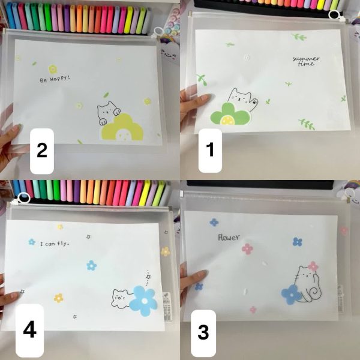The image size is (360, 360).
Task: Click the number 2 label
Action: [x=42, y=151]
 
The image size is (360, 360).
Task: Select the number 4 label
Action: [x=30, y=329]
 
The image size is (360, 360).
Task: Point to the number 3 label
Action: [x=203, y=332]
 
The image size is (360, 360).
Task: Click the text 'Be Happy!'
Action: [x=55, y=79]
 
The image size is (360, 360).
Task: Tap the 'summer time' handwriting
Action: [x=306, y=61]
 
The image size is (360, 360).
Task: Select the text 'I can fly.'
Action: [x=55, y=244]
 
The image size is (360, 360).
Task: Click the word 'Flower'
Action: [x=229, y=237]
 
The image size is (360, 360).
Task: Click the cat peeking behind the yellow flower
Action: [x=108, y=112]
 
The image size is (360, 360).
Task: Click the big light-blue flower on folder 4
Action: [x=143, y=301]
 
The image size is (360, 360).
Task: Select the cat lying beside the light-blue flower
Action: [x=122, y=298]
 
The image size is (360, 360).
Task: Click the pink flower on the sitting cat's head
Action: [x=313, y=266]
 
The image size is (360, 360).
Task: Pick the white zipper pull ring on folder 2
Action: [x=158, y=32]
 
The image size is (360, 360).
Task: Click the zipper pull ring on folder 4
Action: [x=23, y=198]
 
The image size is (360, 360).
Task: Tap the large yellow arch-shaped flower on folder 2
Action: [x=122, y=127]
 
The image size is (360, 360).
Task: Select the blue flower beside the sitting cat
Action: [x=291, y=295]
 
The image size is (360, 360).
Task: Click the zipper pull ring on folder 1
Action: [x=335, y=15]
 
